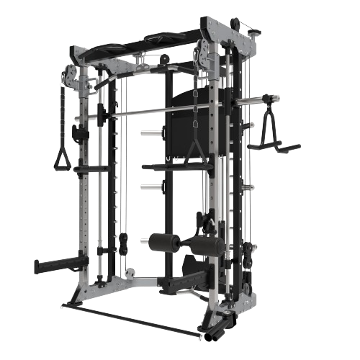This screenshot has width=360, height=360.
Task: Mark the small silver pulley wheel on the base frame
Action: click(x=131, y=273)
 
